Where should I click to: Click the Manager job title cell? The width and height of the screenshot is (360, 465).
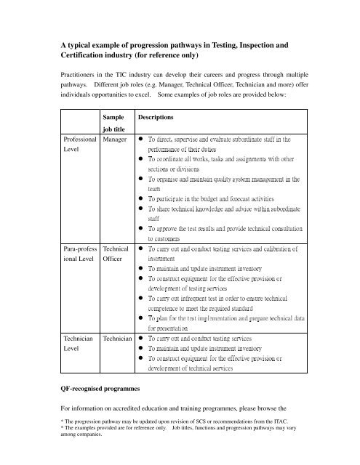tap(116, 137)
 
